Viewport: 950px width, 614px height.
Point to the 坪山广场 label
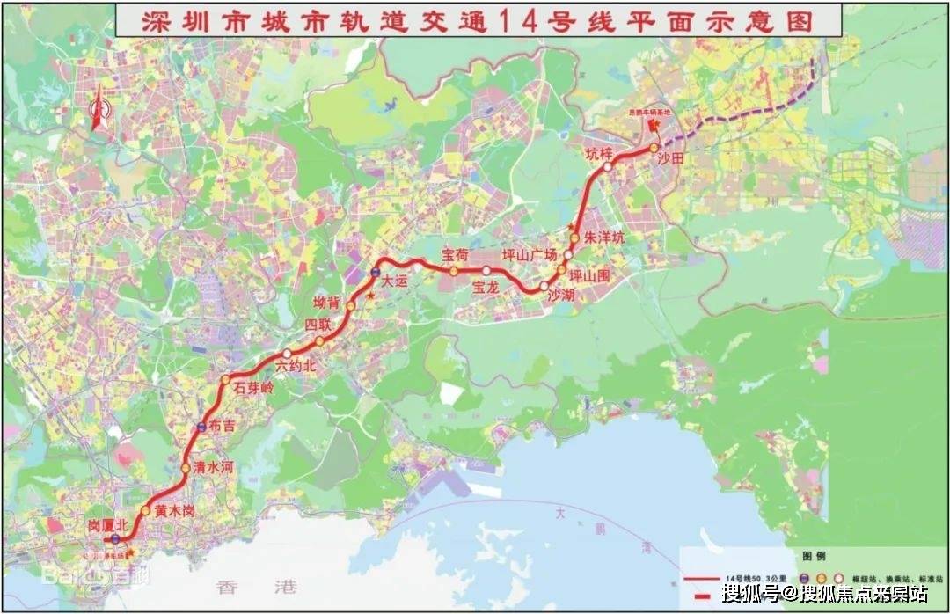[x=530, y=255]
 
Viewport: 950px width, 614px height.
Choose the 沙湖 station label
[x=561, y=296]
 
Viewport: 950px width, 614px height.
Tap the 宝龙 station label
[x=486, y=287]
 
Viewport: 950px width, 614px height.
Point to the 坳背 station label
[x=326, y=303]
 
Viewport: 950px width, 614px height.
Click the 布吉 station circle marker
[x=201, y=428]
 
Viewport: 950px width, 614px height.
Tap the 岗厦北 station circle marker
[x=115, y=539]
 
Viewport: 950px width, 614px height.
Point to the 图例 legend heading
[x=815, y=557]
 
